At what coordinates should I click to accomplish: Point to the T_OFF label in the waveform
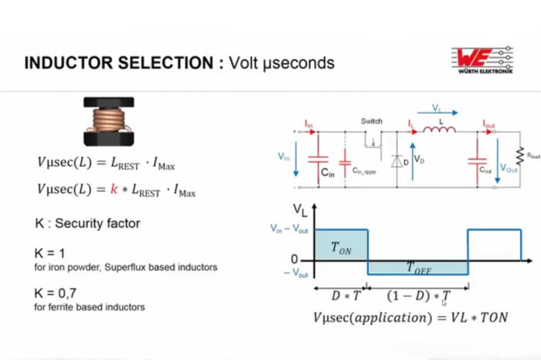click(420, 267)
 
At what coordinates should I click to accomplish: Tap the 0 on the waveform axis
click(294, 259)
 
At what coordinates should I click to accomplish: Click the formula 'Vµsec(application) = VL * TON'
click(410, 318)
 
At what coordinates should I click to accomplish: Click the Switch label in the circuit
click(372, 121)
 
